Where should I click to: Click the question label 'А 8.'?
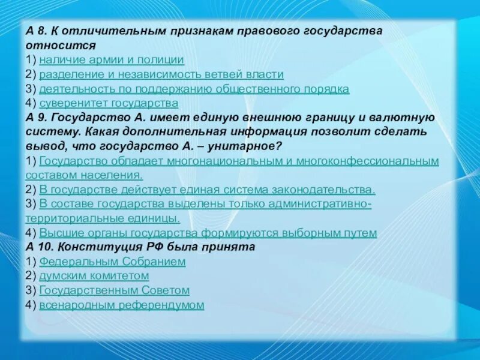point(37,31)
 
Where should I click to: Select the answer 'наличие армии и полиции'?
point(112,60)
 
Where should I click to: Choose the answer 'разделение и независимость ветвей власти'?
point(161,74)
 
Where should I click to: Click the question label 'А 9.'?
point(37,118)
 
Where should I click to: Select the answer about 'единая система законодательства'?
point(207,190)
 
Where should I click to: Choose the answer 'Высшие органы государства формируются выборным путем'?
point(208,233)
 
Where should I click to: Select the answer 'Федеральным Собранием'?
point(112,262)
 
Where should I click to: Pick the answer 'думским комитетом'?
point(94,276)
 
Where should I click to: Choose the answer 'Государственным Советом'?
point(114,290)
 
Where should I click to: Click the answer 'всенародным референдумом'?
point(121,305)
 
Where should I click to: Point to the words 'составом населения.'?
point(84,175)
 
